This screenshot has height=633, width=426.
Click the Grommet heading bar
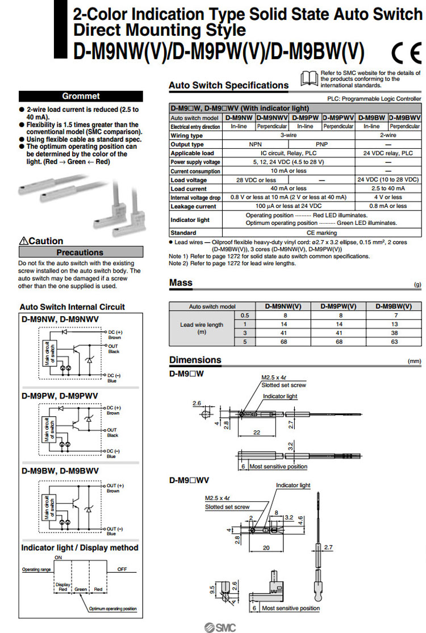click(x=81, y=96)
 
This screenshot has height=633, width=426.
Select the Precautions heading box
click(x=81, y=252)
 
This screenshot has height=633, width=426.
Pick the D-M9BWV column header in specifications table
click(x=405, y=118)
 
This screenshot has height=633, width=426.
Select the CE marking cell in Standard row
click(x=321, y=233)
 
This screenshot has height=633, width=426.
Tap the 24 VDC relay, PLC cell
click(x=388, y=153)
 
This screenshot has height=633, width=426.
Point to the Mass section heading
click(x=181, y=283)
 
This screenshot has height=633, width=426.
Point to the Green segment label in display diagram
click(x=81, y=589)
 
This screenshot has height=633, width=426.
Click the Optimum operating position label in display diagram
click(x=113, y=609)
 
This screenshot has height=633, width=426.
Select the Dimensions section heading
click(x=195, y=360)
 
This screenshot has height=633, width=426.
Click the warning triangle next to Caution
click(x=24, y=241)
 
